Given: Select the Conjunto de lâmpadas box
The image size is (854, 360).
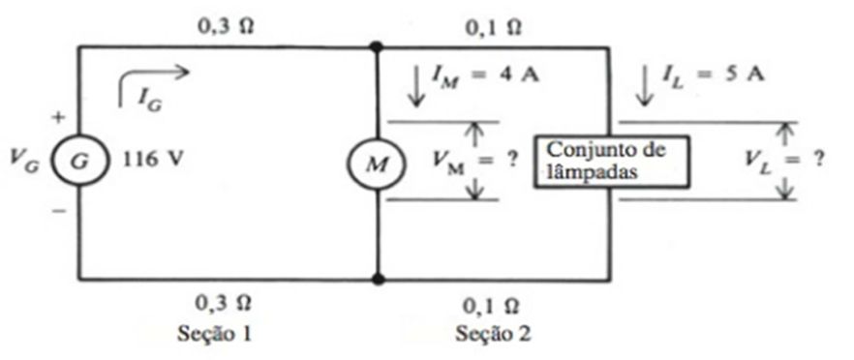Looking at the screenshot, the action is click(x=611, y=163).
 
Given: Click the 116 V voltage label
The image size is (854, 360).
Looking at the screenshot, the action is click(x=147, y=160).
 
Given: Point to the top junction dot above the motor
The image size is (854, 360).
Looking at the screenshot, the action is click(x=376, y=46).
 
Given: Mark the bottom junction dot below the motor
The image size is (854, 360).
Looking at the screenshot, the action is click(x=378, y=280).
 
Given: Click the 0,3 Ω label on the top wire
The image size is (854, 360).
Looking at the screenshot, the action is click(x=225, y=27).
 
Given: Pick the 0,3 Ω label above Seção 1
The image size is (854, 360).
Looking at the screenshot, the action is click(x=224, y=303).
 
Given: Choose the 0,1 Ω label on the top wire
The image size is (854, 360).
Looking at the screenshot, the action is click(x=492, y=28).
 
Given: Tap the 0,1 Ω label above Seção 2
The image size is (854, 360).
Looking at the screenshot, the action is click(x=491, y=306).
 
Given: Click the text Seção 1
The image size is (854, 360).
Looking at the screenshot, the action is click(x=215, y=333).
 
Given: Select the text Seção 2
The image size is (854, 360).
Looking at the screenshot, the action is click(x=493, y=333).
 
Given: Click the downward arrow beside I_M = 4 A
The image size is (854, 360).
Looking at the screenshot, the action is click(x=416, y=86).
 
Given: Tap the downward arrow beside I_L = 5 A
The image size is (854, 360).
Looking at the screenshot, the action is click(x=646, y=86).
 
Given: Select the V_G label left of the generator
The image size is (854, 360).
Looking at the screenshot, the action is click(x=25, y=162).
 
